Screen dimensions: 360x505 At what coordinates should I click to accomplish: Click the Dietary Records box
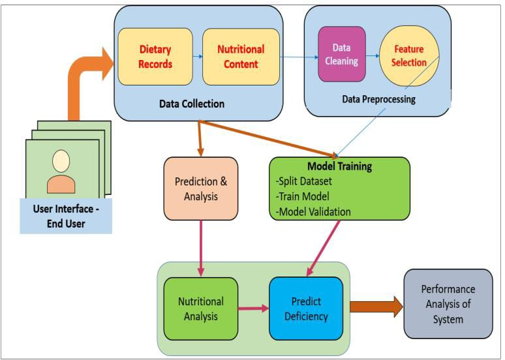pyautogui.click(x=155, y=56)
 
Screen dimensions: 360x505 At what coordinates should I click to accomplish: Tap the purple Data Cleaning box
pyautogui.click(x=341, y=54)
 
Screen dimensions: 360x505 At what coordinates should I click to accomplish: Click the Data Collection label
pyautogui.click(x=191, y=104)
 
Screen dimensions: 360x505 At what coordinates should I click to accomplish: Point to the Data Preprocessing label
pyautogui.click(x=378, y=100)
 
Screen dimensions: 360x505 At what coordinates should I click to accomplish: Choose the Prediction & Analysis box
pyautogui.click(x=200, y=188)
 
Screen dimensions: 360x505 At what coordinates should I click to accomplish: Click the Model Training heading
pyautogui.click(x=339, y=166)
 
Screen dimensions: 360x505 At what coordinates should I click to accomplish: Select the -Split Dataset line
pyautogui.click(x=304, y=181)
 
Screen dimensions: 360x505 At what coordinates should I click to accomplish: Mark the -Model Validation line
pyautogui.click(x=313, y=211)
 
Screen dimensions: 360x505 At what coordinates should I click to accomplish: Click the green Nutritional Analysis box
pyautogui.click(x=200, y=308)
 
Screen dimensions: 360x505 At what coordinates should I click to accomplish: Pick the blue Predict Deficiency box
pyautogui.click(x=305, y=308)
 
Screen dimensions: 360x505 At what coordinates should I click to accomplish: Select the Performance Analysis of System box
pyautogui.click(x=448, y=303)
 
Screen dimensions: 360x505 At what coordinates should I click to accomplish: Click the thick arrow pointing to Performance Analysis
pyautogui.click(x=376, y=307)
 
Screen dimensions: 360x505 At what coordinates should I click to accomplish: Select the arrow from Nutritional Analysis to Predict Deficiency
pyautogui.click(x=253, y=308)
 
